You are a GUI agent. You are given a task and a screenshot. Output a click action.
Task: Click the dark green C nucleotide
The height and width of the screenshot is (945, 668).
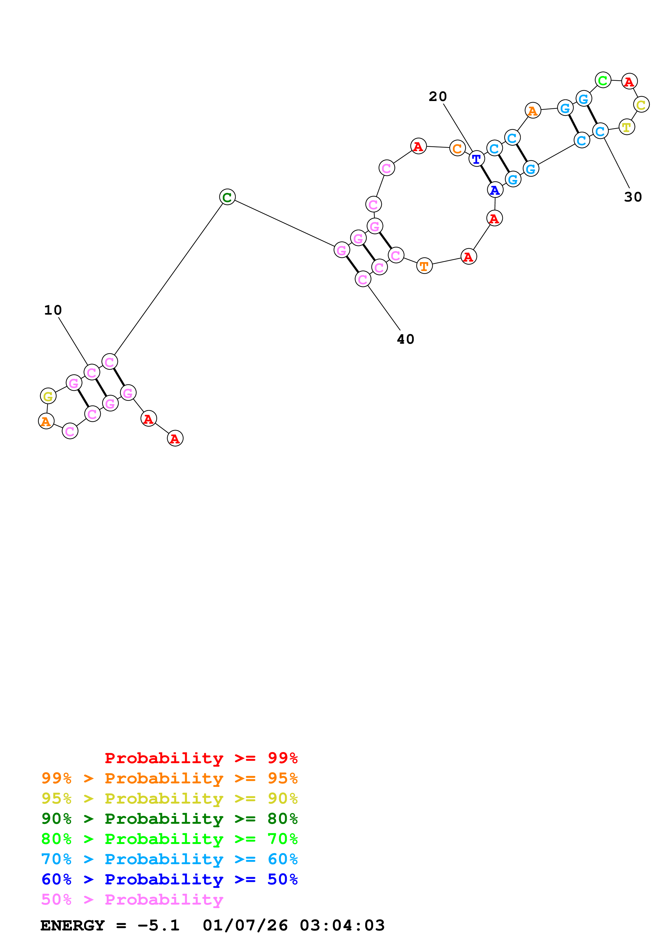tap(227, 197)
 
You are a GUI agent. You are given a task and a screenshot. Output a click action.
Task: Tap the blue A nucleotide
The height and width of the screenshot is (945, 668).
tap(495, 190)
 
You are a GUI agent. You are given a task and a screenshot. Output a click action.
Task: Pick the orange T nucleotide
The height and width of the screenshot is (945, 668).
tap(424, 266)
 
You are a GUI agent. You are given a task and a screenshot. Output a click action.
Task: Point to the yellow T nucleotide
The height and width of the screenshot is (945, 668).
tap(627, 127)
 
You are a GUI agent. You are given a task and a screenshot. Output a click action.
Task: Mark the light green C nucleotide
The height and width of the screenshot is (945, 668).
tap(603, 80)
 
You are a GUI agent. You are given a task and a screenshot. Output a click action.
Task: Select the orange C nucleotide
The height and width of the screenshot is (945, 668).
tap(457, 148)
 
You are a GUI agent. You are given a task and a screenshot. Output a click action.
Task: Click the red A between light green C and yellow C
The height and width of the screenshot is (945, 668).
tap(629, 82)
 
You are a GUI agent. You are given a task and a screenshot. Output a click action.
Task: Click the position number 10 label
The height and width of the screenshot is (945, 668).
tap(53, 310)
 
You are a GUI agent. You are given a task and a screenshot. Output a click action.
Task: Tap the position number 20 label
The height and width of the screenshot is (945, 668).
tap(438, 97)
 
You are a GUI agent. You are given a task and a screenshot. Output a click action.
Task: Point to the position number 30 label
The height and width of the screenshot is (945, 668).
tap(633, 197)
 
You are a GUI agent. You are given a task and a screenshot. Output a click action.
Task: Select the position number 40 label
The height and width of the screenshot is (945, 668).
tap(406, 339)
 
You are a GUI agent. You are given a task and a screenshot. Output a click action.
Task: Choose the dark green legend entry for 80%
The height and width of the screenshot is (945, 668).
tap(169, 819)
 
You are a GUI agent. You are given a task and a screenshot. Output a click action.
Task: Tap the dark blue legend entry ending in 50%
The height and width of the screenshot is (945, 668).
tap(169, 880)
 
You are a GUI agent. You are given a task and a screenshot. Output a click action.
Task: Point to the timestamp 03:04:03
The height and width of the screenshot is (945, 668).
tap(342, 926)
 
